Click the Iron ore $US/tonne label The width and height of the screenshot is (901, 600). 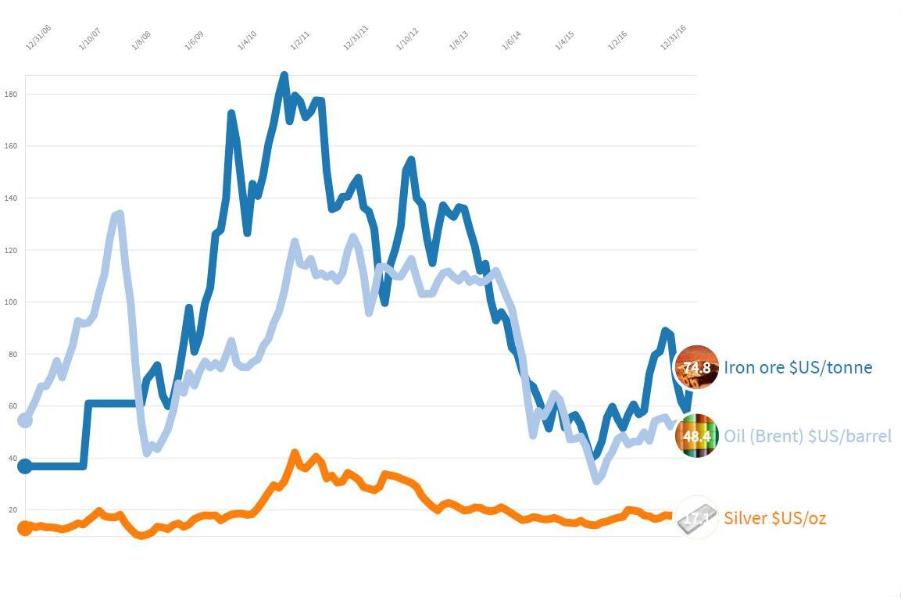(797, 367)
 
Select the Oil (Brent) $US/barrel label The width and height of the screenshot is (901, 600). (807, 436)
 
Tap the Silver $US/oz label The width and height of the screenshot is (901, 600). (774, 518)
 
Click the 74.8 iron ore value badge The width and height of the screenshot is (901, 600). (696, 367)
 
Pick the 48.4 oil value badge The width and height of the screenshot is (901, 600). (696, 436)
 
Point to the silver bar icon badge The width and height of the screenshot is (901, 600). (696, 518)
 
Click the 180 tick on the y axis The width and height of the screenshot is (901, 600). (11, 95)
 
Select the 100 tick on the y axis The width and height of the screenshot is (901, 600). (11, 302)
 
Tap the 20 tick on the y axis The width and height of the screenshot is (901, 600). (12, 510)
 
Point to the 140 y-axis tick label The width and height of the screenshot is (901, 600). (11, 198)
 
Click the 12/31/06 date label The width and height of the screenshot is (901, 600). (38, 37)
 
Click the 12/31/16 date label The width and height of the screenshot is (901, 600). (674, 37)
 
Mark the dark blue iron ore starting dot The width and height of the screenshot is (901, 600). (25, 466)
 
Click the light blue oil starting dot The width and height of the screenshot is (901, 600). (25, 420)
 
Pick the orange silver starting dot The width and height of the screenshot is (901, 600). (25, 528)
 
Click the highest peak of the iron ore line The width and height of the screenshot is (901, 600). (284, 76)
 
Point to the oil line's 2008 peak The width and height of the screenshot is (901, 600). (119, 213)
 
